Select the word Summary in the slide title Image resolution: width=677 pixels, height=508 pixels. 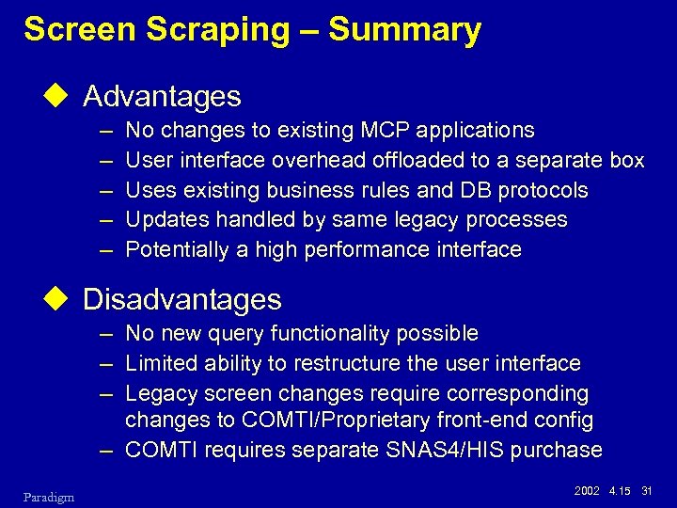click(404, 31)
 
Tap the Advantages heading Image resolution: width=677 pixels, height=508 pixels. click(162, 96)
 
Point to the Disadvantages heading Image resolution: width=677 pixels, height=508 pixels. click(182, 299)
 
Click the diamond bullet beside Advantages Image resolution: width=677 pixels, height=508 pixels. click(63, 96)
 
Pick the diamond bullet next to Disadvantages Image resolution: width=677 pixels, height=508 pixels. click(63, 299)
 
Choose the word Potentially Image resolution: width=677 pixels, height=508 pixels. click(177, 250)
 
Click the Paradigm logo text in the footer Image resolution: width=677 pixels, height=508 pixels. click(48, 495)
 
